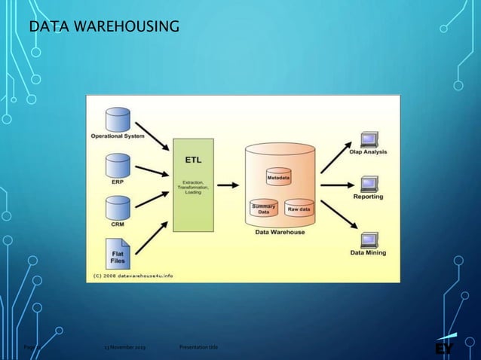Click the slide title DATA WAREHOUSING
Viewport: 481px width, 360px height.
103,29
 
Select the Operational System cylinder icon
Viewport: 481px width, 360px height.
118,119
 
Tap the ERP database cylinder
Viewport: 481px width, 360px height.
118,164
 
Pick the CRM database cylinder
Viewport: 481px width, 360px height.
118,207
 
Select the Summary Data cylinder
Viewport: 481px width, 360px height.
264,209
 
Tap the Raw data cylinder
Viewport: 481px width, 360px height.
299,209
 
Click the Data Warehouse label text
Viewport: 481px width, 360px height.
279,233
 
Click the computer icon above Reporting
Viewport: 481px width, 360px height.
369,183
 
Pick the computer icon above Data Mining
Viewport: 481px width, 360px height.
369,239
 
